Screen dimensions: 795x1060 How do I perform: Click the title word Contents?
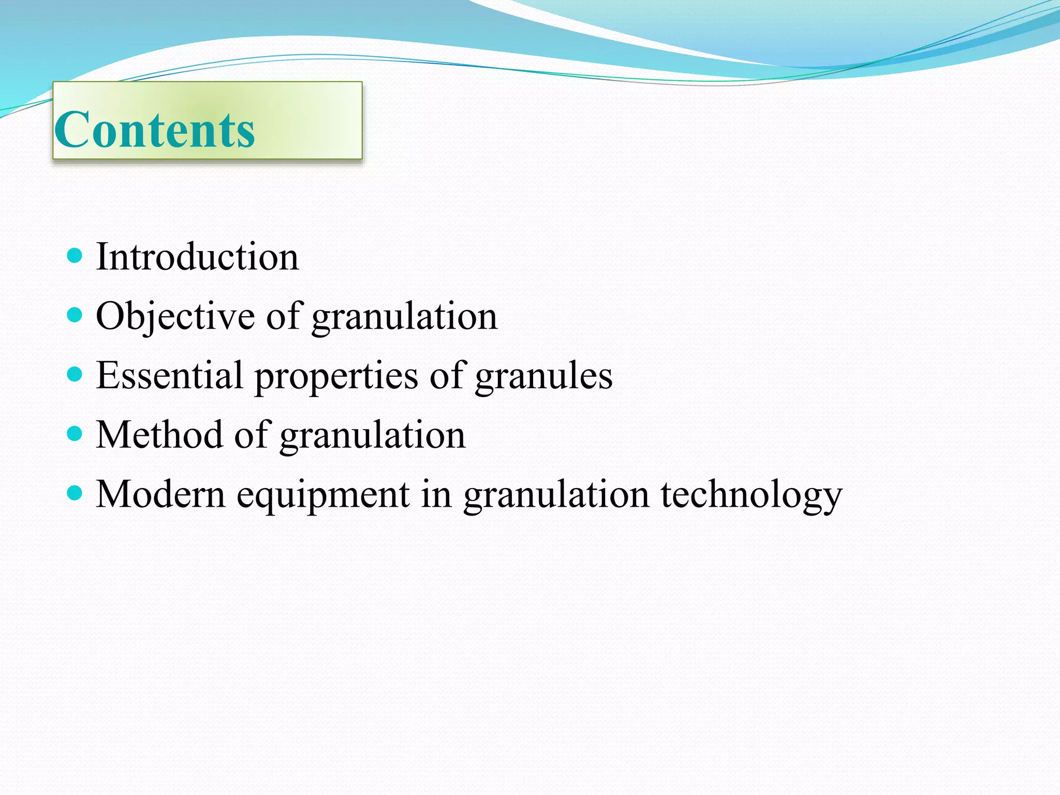154,129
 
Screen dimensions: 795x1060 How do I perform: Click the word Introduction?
197,257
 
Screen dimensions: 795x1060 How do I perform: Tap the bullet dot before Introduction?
75,255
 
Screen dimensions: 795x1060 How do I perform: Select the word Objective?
175,316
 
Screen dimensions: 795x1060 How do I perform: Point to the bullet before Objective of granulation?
75,314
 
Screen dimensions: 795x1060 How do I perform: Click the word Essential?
169,375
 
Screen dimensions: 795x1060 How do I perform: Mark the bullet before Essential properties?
75,374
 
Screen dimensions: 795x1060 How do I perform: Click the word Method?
159,435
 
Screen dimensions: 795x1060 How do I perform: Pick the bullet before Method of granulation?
75,433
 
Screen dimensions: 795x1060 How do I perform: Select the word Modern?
161,494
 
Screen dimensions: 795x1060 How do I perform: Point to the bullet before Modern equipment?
75,493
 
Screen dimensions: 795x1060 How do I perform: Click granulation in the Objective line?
404,317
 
